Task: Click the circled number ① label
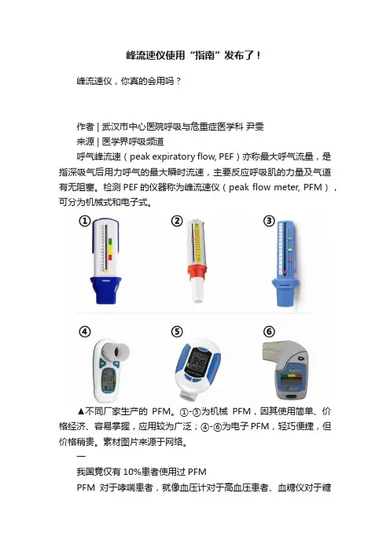tap(84, 221)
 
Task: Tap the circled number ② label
tap(177, 221)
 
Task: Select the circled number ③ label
tap(269, 221)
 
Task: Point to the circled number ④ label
tap(84, 332)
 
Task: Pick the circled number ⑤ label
tap(177, 332)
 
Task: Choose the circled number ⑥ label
tap(269, 332)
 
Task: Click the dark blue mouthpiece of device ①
tap(105, 290)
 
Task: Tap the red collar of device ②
tap(197, 272)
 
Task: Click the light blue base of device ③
tap(285, 293)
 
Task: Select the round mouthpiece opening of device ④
tap(120, 351)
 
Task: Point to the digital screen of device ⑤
tap(197, 362)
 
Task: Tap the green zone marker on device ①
tap(110, 242)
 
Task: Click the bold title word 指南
tap(204, 55)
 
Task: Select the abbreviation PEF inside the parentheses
tap(226, 156)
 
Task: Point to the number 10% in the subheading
tap(131, 472)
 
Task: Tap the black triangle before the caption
tap(81, 411)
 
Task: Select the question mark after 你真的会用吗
tap(178, 81)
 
